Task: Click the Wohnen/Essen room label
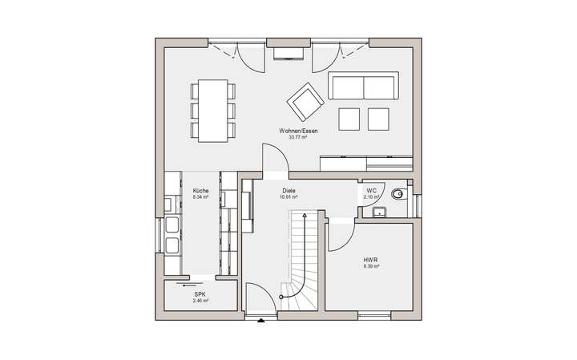297,130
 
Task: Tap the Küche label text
200,191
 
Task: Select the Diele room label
288,191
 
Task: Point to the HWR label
370,260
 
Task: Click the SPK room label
200,294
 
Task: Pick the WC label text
371,191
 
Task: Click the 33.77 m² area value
297,137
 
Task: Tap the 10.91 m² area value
289,197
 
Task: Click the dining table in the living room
212,109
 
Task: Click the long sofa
363,86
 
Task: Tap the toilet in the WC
398,193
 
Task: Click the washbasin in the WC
379,211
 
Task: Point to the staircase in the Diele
301,257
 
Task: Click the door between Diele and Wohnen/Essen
274,158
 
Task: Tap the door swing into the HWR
341,234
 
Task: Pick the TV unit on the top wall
288,53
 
